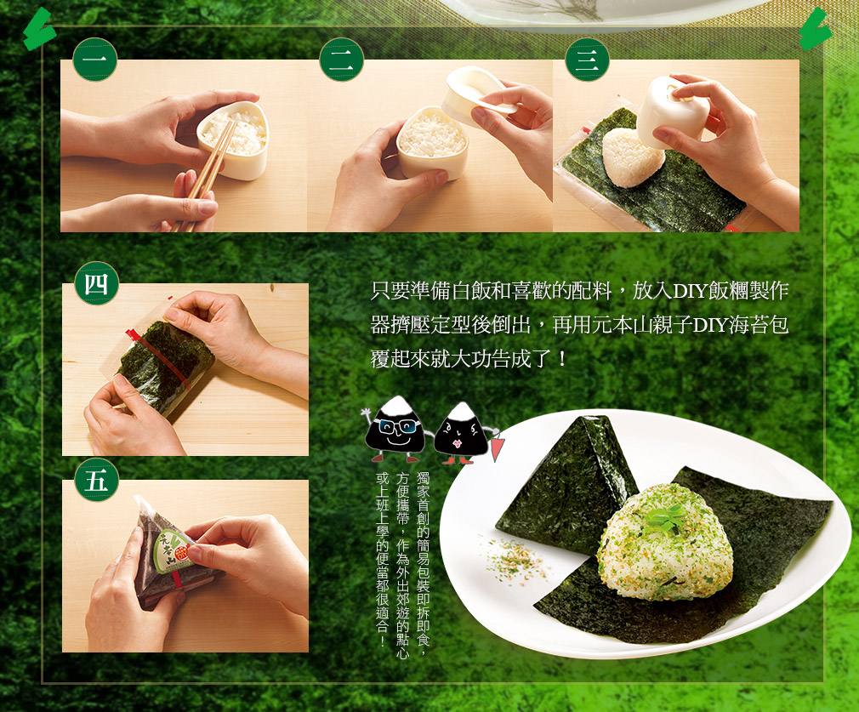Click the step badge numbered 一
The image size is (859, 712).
pyautogui.click(x=94, y=60)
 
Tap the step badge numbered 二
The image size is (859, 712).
pyautogui.click(x=341, y=60)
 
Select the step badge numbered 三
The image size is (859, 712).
pyautogui.click(x=588, y=60)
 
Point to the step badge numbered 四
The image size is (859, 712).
pyautogui.click(x=96, y=283)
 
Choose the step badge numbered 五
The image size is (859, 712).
pyautogui.click(x=96, y=480)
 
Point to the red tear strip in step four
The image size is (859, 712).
pyautogui.click(x=159, y=359)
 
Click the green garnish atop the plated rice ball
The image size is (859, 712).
pyautogui.click(x=664, y=517)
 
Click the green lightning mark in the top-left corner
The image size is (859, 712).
pyautogui.click(x=39, y=30)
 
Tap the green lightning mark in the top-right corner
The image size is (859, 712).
pyautogui.click(x=815, y=30)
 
